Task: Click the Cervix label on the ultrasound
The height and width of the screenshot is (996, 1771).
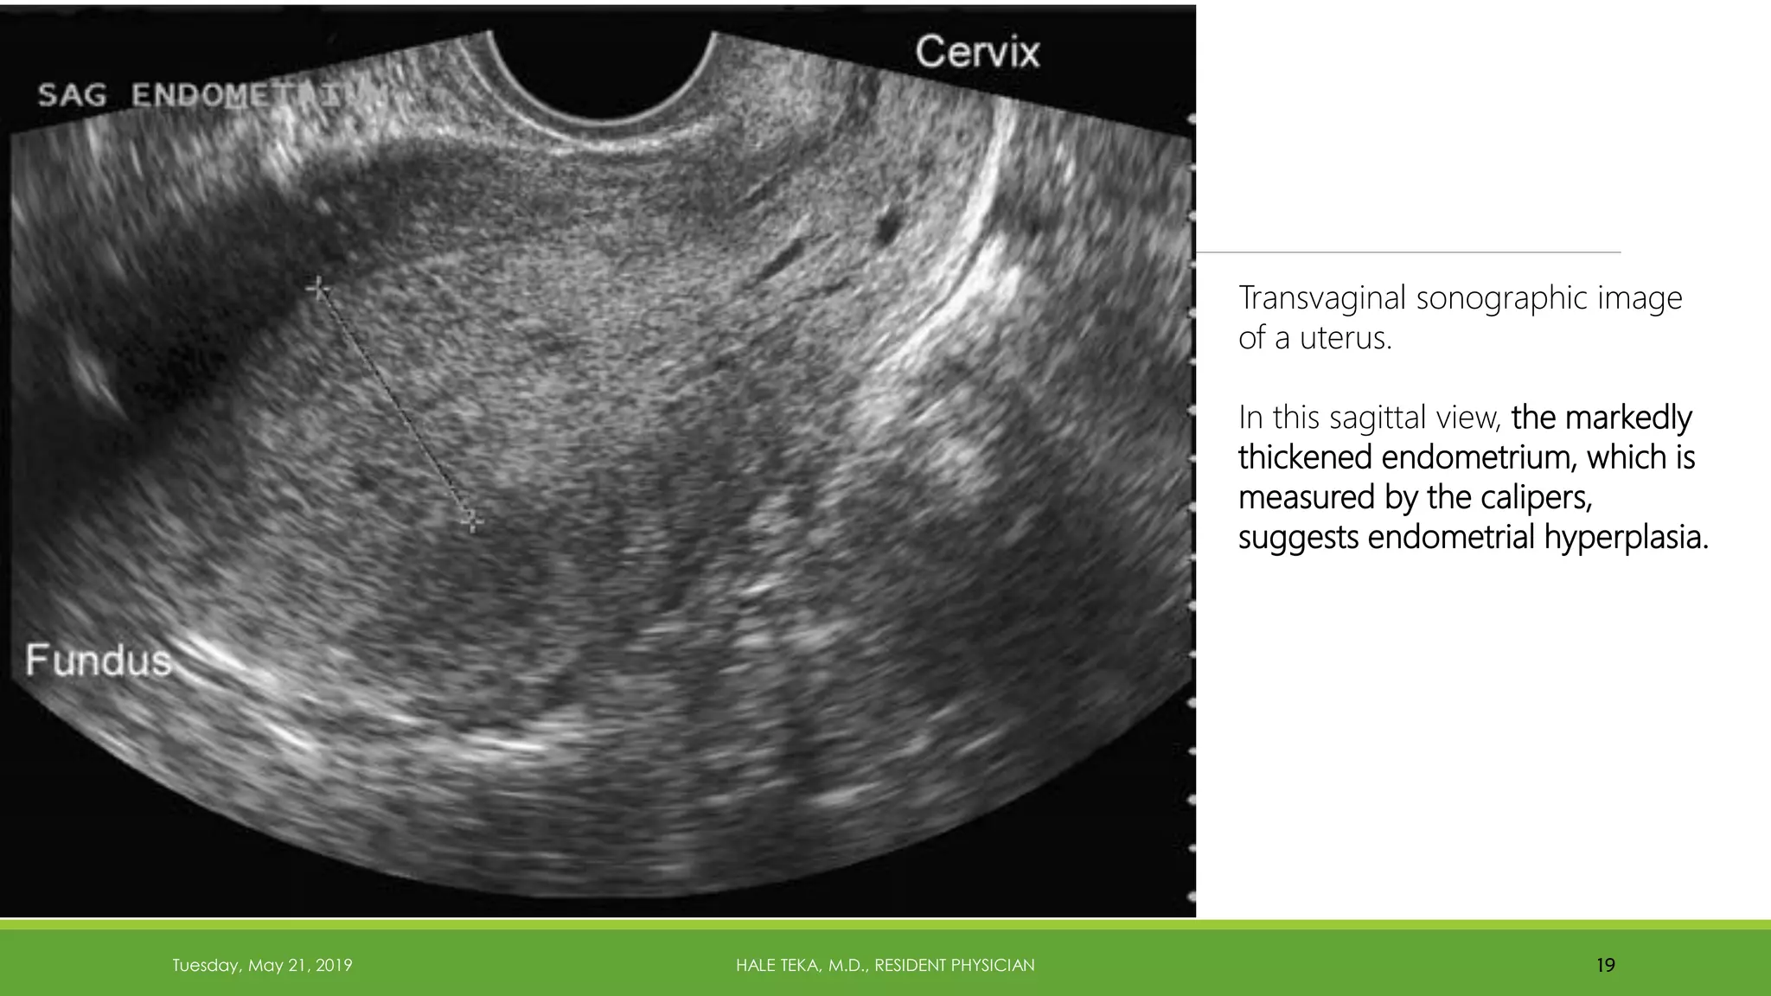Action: click(977, 53)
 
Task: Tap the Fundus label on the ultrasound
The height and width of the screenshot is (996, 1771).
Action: click(99, 661)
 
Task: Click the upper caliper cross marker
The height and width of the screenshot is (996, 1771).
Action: click(318, 287)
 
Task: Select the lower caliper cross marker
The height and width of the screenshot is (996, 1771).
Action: click(471, 520)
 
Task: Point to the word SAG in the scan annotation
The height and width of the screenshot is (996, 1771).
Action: click(73, 95)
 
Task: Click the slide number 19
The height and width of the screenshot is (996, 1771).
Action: click(1606, 965)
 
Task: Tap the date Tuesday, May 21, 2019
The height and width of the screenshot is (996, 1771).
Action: click(262, 965)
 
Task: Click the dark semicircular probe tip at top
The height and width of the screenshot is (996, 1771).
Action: click(602, 69)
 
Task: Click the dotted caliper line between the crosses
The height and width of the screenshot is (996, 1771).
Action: click(394, 404)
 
